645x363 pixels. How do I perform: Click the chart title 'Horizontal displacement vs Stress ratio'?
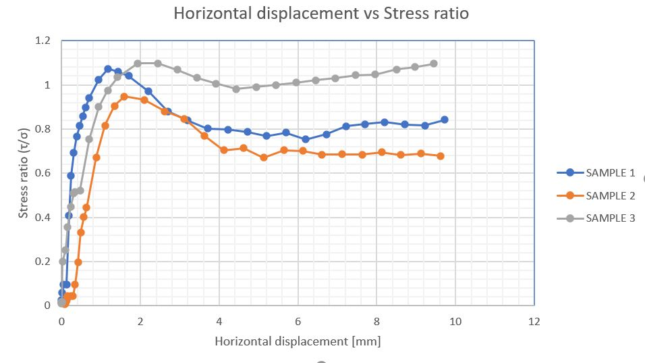[x=321, y=14]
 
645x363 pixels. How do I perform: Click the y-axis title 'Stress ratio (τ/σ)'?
[x=24, y=172]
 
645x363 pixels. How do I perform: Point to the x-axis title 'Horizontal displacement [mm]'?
[x=298, y=341]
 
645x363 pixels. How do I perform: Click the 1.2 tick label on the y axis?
[x=43, y=41]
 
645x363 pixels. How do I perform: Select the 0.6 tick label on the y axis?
[x=43, y=173]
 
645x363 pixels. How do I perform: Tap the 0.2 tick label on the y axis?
[x=43, y=262]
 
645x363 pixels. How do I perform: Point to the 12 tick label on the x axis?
[x=534, y=321]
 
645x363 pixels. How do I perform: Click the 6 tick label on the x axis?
[x=298, y=321]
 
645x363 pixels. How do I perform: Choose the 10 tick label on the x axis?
[x=455, y=321]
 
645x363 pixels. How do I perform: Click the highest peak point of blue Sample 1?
[x=108, y=69]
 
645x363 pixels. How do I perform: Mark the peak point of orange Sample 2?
[x=124, y=97]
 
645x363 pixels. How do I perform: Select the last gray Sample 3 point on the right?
[x=434, y=64]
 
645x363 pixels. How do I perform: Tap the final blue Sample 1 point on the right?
[x=445, y=120]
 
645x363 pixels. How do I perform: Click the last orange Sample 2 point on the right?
[x=441, y=156]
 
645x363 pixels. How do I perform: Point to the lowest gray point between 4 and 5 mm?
[x=236, y=89]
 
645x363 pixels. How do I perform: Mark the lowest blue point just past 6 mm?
[x=306, y=139]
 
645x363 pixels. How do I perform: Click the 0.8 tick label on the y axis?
[x=43, y=129]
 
